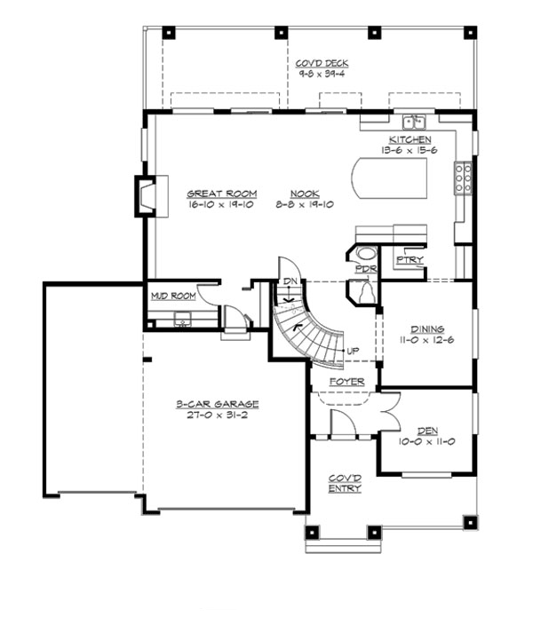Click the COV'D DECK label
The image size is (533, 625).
click(x=322, y=64)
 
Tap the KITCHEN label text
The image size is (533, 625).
click(x=410, y=139)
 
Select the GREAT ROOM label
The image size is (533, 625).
click(x=221, y=193)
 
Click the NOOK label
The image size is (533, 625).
click(x=304, y=193)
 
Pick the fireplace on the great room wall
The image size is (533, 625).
click(x=145, y=195)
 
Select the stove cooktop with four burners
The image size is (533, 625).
click(x=463, y=178)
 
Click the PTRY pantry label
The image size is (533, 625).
click(x=410, y=259)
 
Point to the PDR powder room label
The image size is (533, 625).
click(x=364, y=267)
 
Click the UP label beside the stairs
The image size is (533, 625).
click(x=353, y=351)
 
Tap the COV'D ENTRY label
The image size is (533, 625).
click(x=345, y=482)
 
